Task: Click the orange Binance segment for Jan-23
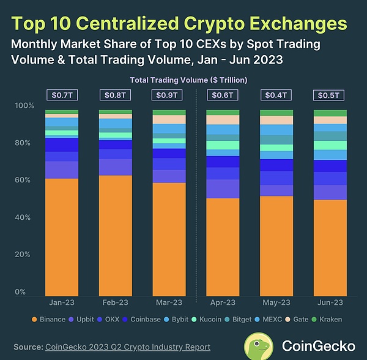pyautogui.click(x=62, y=236)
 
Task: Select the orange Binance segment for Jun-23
pyautogui.click(x=330, y=247)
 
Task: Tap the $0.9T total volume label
pyautogui.click(x=169, y=95)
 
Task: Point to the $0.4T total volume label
pyautogui.click(x=276, y=95)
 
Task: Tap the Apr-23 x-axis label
pyautogui.click(x=223, y=302)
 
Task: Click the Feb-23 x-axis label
pyautogui.click(x=115, y=302)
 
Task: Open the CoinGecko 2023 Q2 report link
pyautogui.click(x=128, y=347)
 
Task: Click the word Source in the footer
pyautogui.click(x=26, y=347)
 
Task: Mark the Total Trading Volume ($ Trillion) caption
pyautogui.click(x=182, y=80)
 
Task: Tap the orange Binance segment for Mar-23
pyautogui.click(x=169, y=239)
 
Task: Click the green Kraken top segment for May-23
pyautogui.click(x=276, y=113)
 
